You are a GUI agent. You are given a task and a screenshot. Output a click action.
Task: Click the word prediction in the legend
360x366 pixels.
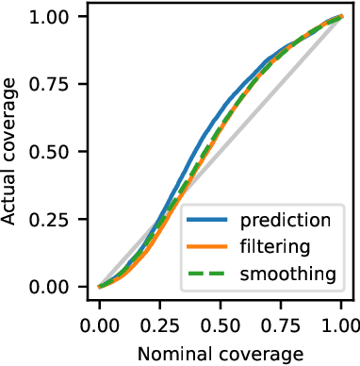(x=285, y=222)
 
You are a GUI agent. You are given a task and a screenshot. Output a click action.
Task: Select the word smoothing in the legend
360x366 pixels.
(x=286, y=274)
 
